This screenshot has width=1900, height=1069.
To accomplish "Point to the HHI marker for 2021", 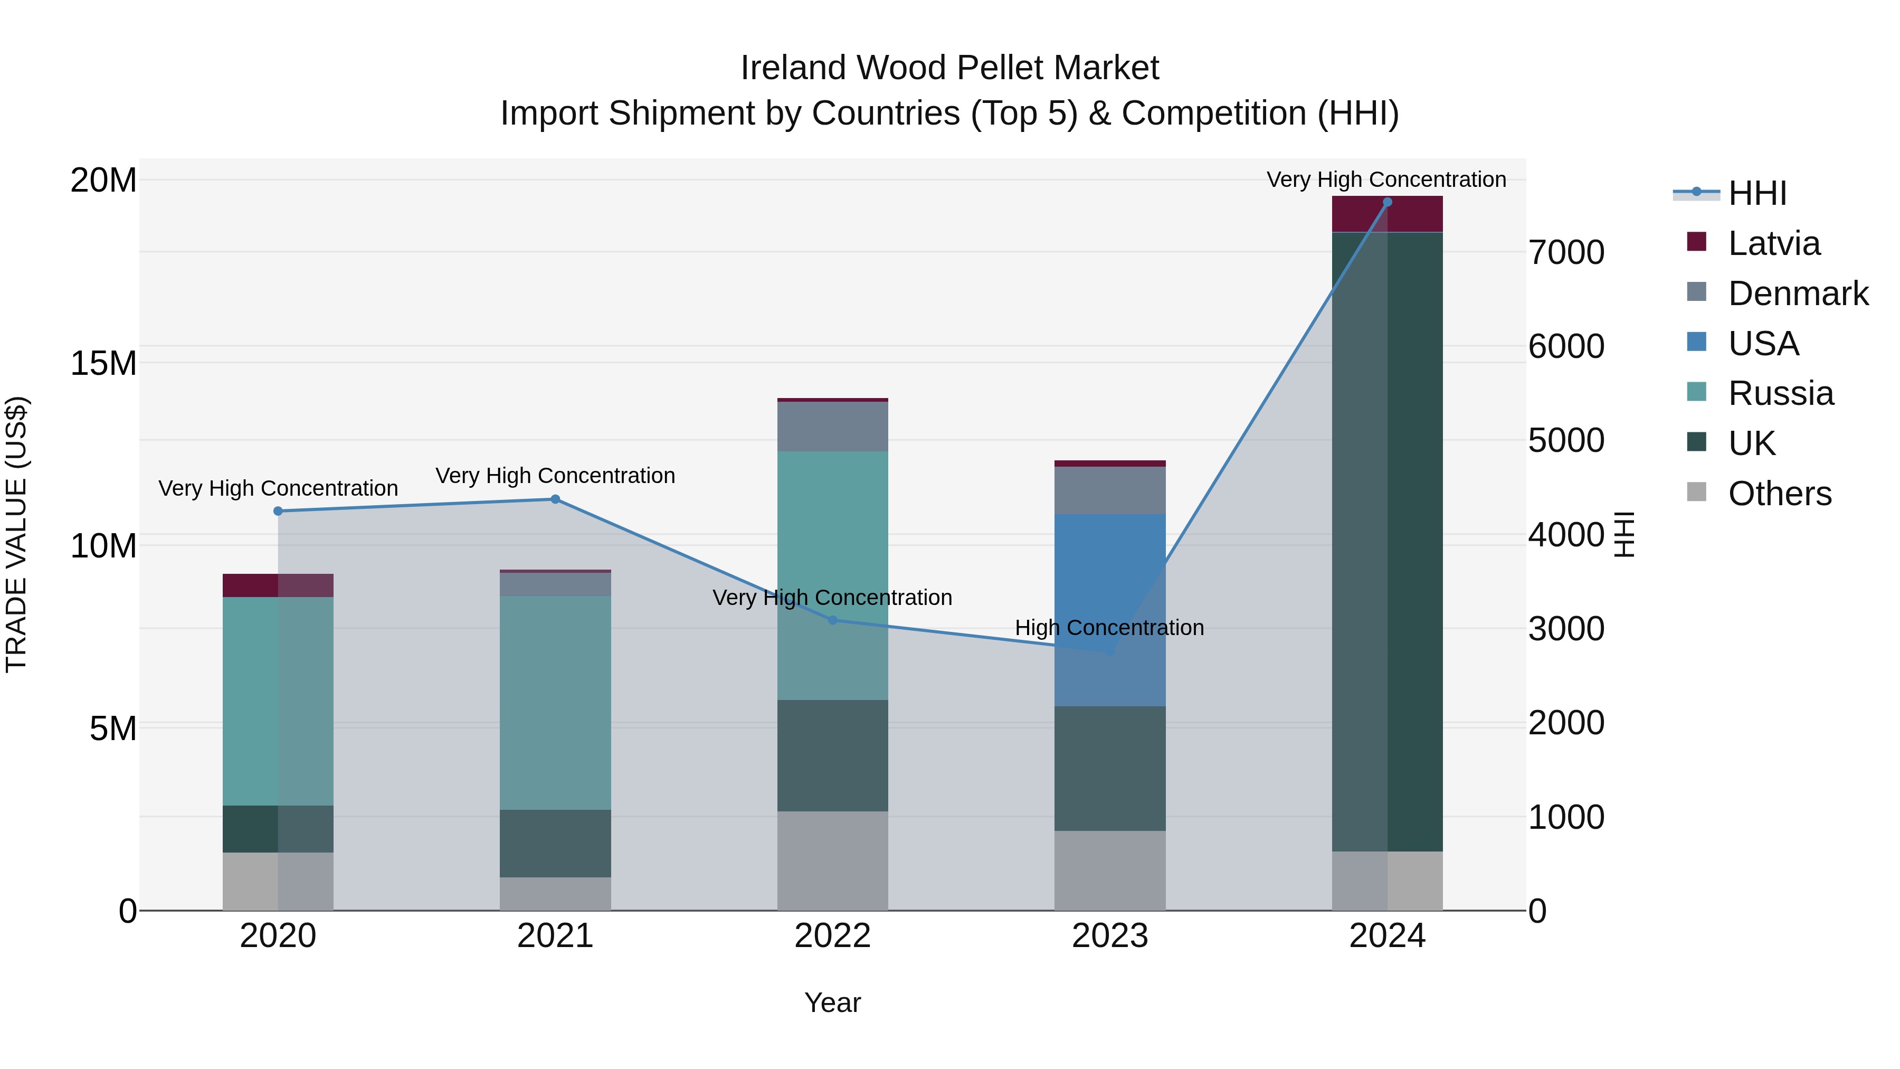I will coord(555,499).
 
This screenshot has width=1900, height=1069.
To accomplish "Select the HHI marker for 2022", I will coord(833,620).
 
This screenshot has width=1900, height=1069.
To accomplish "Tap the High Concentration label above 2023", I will coord(1109,628).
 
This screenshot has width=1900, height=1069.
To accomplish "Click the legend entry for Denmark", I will coord(1798,294).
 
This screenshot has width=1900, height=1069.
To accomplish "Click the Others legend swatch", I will coord(1696,492).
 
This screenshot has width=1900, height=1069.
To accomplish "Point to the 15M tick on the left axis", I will coord(103,364).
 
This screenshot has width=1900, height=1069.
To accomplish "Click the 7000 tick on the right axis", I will coord(1566,253).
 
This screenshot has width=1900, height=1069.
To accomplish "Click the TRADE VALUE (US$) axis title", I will coord(17,534).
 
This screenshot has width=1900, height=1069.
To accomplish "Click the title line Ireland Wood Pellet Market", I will coord(949,68).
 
